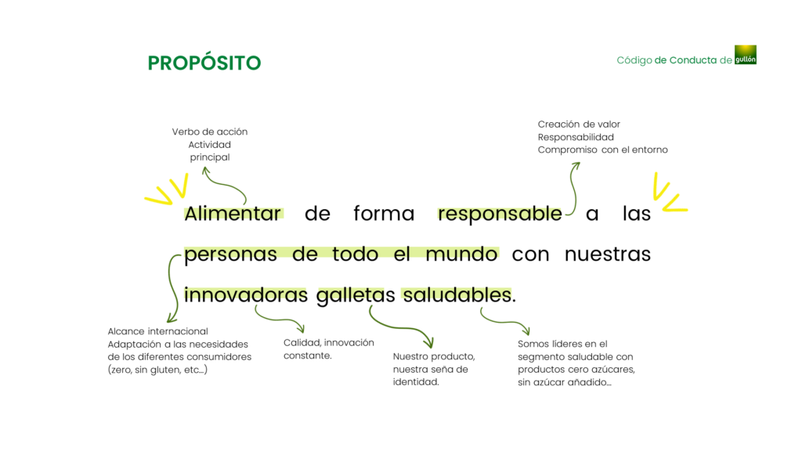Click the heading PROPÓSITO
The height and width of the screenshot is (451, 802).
(x=204, y=63)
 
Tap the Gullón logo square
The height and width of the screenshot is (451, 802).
(x=746, y=55)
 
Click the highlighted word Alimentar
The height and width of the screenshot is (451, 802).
(x=233, y=213)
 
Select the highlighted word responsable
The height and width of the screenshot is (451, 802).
(x=500, y=213)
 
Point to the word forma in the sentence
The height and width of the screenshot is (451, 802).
(x=384, y=213)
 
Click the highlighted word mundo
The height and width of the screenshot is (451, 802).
(x=461, y=254)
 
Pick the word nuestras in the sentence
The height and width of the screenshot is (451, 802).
(x=608, y=254)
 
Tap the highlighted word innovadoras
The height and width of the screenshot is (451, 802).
(x=245, y=295)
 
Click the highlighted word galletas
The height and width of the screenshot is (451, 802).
(x=356, y=295)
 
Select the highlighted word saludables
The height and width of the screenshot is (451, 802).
(x=457, y=295)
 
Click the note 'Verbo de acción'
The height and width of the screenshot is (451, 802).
(x=210, y=132)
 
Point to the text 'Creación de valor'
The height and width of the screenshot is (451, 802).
(x=579, y=124)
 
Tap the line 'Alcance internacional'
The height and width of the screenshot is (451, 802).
(x=157, y=331)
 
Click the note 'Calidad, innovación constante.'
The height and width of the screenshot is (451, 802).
(x=329, y=349)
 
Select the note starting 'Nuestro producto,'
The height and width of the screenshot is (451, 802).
(x=434, y=370)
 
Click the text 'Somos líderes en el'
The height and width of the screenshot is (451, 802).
(x=562, y=345)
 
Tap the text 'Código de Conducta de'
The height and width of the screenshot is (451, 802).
(x=674, y=60)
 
